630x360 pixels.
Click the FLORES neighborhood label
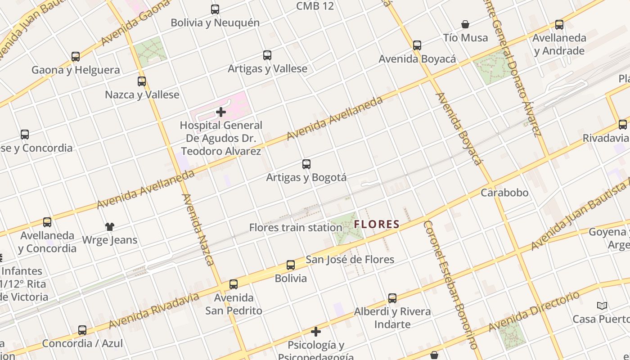point(377,224)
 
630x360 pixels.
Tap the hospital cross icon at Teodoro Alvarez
point(221,112)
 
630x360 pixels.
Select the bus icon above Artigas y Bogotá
point(306,164)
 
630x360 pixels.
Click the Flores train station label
point(296,228)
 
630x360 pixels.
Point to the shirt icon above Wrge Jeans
point(110,226)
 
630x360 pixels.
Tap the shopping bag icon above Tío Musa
point(465,24)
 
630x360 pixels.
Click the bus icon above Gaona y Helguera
point(76,57)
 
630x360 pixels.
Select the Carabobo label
point(504,193)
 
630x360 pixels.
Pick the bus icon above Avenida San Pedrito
point(233,284)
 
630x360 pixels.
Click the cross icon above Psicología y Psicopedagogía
point(316,332)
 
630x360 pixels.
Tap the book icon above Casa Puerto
point(602,306)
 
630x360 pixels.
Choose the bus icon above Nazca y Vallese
point(142,81)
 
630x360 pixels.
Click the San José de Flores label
point(350,260)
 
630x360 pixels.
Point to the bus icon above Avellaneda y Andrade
point(559,25)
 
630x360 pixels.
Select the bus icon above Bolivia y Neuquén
point(215,9)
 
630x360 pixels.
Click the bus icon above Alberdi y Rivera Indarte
point(392,298)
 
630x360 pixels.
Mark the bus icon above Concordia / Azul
point(82,330)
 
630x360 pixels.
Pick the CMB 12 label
point(315,6)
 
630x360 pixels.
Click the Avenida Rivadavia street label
point(153,311)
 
